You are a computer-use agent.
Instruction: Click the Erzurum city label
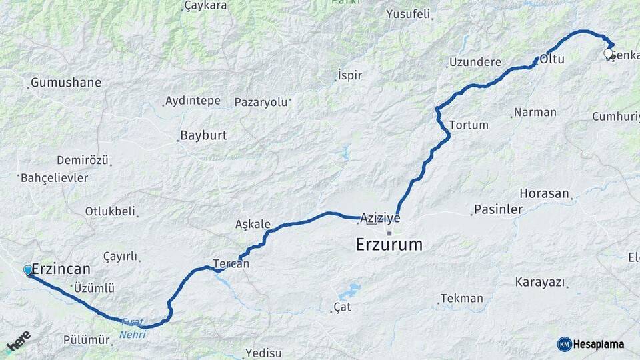pos(389,245)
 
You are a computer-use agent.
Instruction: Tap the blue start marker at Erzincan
pos(28,269)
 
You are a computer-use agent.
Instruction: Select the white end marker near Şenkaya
pos(608,53)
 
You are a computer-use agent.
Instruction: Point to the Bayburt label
pos(204,135)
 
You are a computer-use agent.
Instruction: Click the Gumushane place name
pos(67,83)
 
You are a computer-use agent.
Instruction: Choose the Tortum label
pos(469,125)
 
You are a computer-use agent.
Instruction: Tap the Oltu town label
pos(552,59)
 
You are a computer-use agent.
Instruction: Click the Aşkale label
pos(253,224)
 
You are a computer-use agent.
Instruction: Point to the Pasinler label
pos(498,209)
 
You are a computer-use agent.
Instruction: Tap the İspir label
pos(350,75)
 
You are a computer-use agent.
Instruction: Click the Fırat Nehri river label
pos(133,329)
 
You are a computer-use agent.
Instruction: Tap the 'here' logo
pos(19,341)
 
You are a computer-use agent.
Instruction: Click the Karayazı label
pos(539,282)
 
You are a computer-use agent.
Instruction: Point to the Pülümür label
pos(86,339)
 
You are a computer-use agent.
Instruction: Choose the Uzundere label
pos(475,62)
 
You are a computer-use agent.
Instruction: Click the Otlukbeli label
pos(110,211)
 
